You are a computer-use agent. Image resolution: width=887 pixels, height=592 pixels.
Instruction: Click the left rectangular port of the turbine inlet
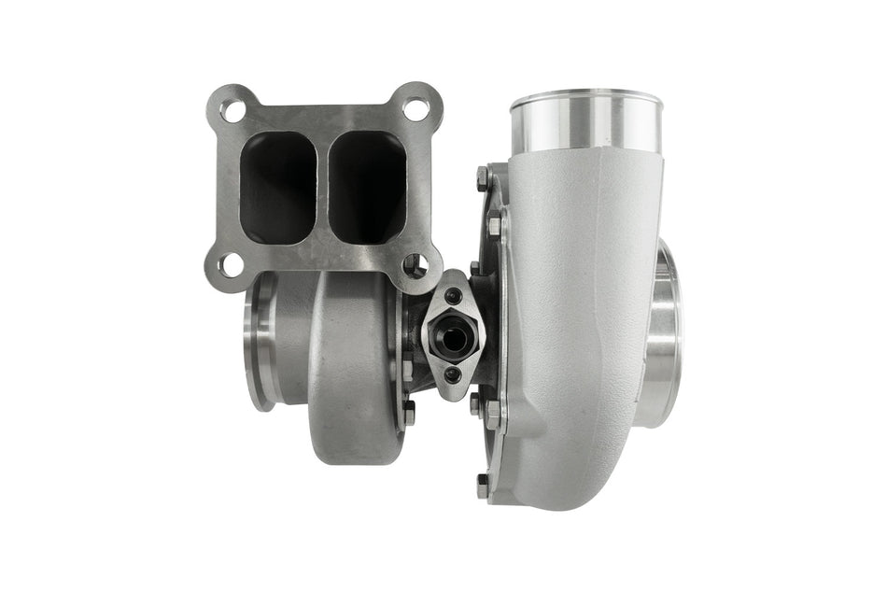pos(278,186)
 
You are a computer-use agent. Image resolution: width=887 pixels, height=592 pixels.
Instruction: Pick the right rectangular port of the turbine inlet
pos(366,186)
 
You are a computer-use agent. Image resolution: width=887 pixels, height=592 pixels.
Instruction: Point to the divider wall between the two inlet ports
pos(322,186)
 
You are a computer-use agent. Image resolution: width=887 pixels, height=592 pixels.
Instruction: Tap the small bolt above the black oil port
pos(454,298)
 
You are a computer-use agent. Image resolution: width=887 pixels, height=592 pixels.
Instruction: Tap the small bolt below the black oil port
pos(454,374)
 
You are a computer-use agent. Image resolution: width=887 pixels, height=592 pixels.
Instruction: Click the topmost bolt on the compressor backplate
pos(482,178)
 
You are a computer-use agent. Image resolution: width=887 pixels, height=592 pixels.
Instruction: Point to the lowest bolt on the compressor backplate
pos(482,485)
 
